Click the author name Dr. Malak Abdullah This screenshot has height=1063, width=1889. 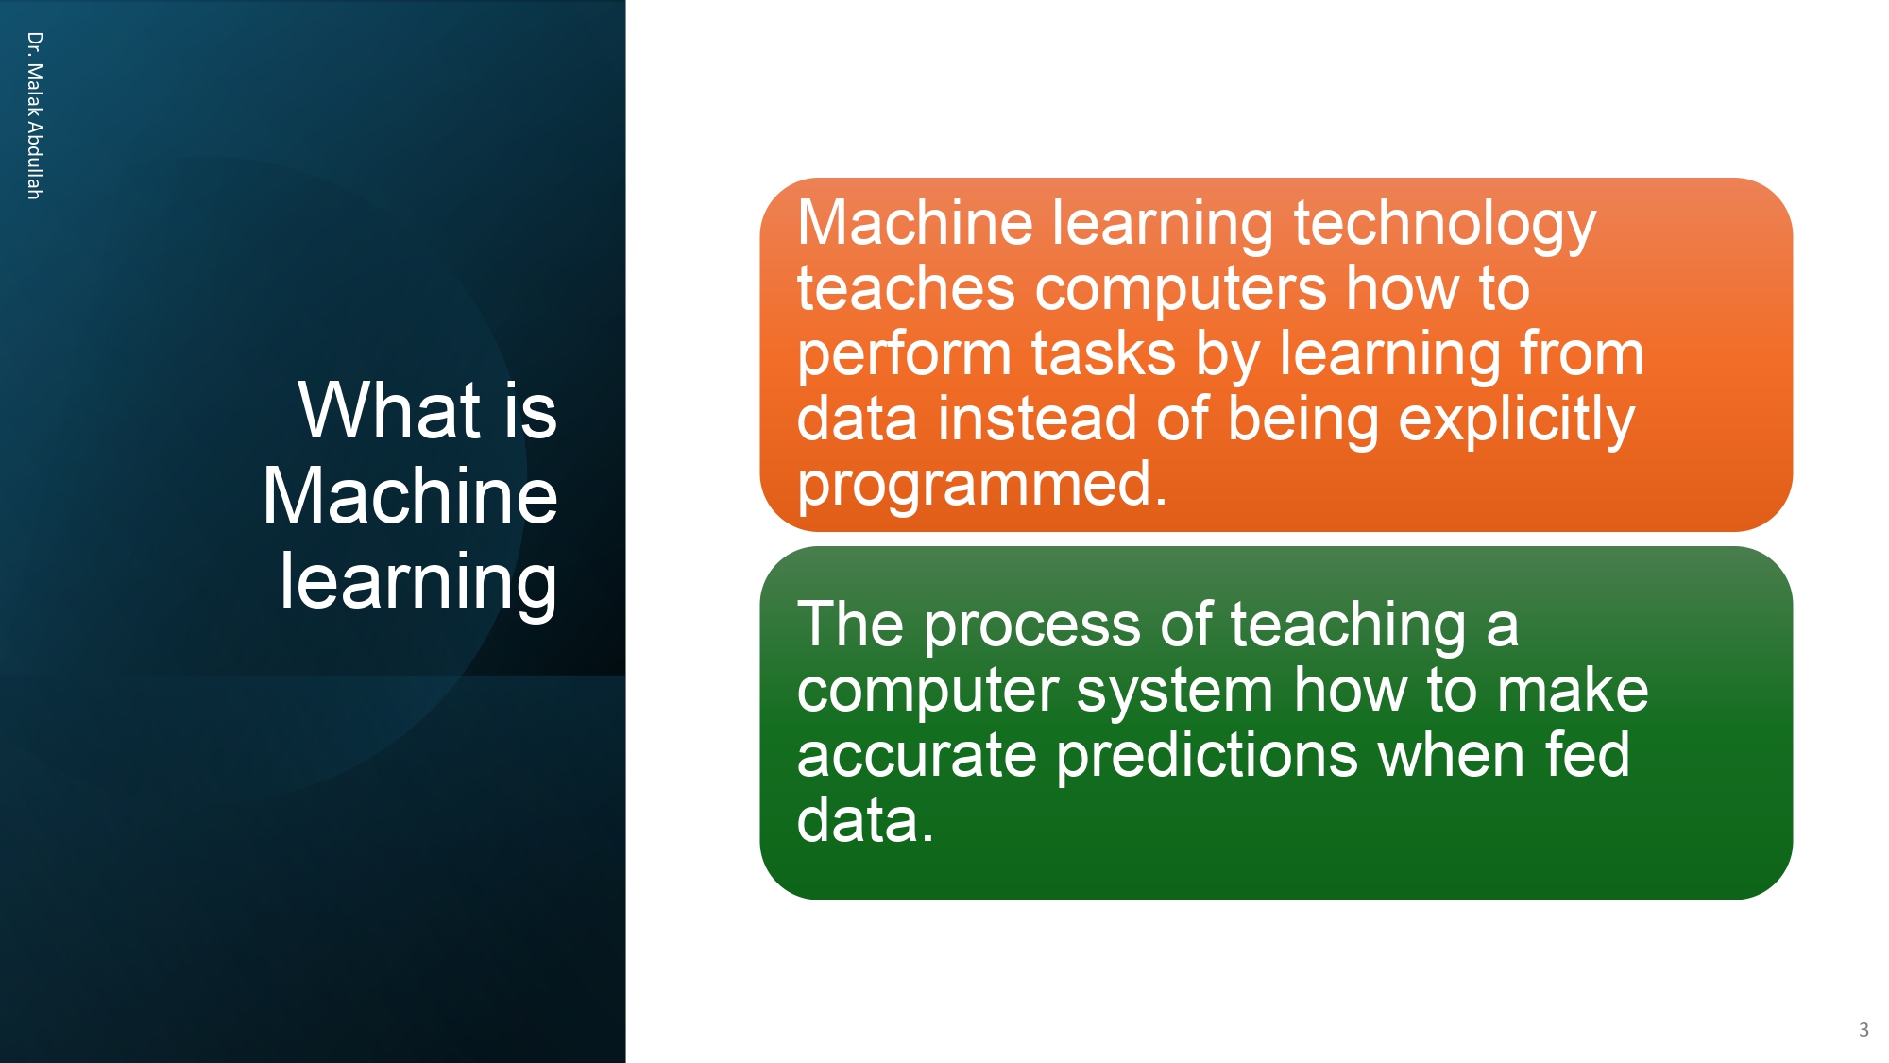tap(34, 115)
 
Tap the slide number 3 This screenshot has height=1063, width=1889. tap(1863, 1030)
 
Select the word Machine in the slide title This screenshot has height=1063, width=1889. tap(410, 496)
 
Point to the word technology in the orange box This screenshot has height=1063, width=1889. tap(1444, 225)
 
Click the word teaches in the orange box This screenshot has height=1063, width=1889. tap(906, 288)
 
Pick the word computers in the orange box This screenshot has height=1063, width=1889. tap(1182, 290)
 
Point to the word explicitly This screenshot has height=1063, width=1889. tap(1516, 420)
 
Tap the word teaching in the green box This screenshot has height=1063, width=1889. tap(1348, 626)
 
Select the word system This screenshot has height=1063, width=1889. tap(1175, 691)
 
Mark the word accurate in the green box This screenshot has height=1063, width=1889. tap(916, 756)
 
